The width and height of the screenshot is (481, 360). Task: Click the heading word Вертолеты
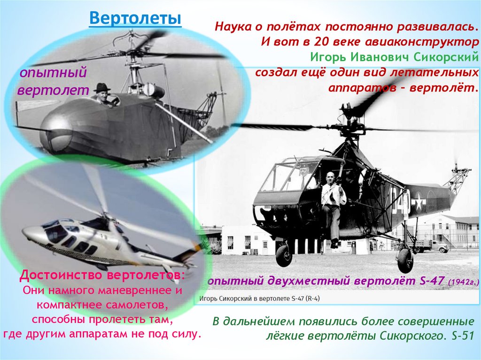click(135, 19)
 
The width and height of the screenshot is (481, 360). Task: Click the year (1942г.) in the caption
click(464, 282)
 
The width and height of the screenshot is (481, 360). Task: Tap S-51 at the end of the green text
click(461, 336)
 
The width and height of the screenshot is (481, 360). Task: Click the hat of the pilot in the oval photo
click(101, 87)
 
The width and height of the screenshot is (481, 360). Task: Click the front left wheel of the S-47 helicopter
click(284, 255)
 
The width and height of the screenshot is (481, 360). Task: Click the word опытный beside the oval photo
click(53, 73)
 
